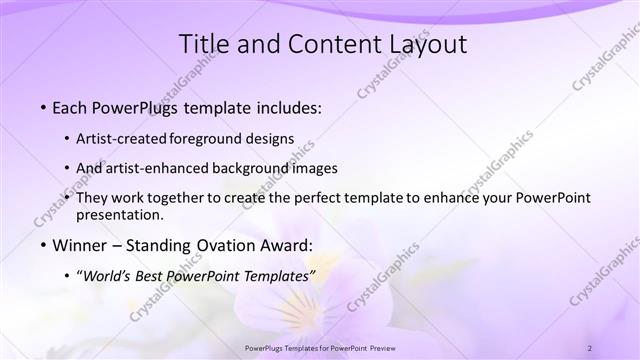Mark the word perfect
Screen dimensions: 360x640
(x=309, y=198)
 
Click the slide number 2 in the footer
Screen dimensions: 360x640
(x=590, y=347)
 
